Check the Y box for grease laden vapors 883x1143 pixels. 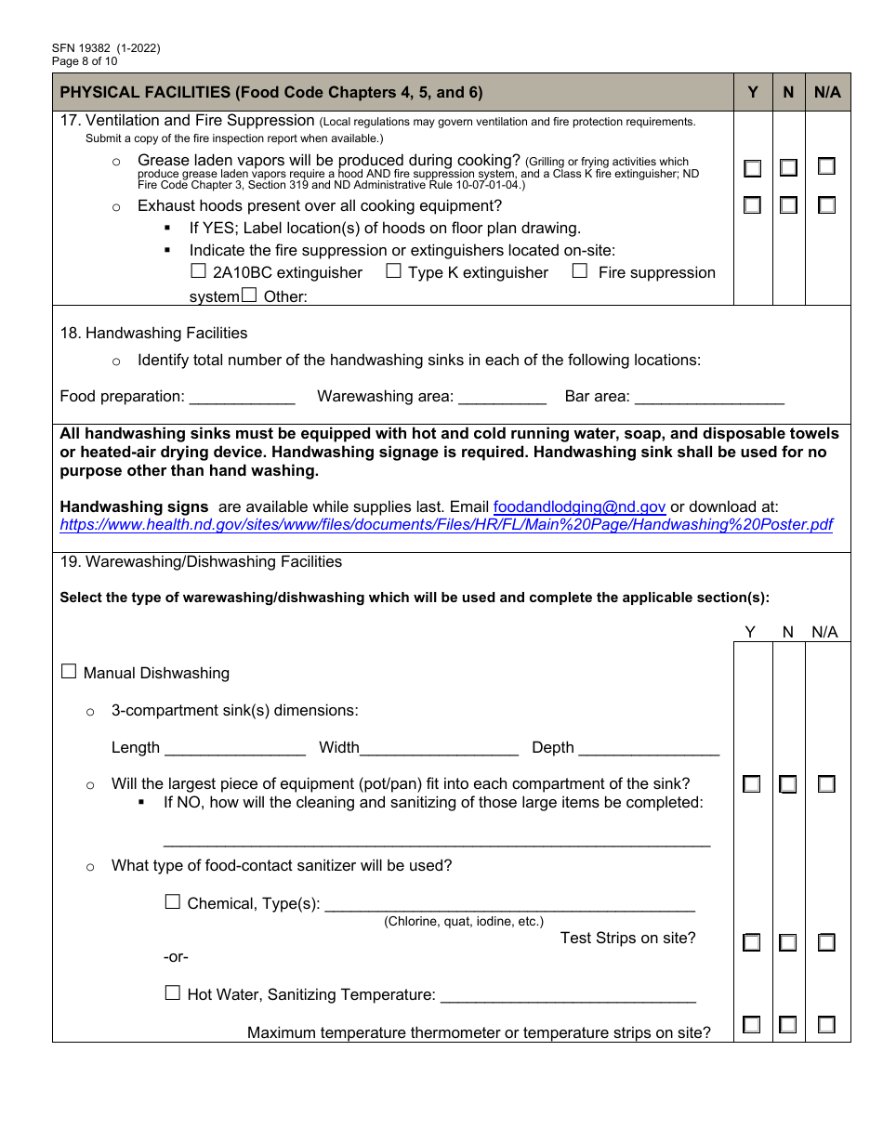752,168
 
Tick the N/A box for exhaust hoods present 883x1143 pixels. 826,205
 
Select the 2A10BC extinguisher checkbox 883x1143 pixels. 198,271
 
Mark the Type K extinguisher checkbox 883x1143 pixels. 393,271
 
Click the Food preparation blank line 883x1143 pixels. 242,398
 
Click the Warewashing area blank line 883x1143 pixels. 502,398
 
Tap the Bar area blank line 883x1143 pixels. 709,398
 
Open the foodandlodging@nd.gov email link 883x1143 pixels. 579,507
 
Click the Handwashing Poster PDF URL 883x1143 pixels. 446,525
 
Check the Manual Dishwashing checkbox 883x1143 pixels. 69,672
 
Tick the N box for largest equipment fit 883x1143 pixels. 788,785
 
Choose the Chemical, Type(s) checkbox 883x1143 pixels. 173,902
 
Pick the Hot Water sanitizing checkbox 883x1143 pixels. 173,993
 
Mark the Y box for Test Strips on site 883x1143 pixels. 752,943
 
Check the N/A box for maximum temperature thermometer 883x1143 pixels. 826,1025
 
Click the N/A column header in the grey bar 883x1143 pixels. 827,92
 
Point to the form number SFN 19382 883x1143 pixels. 85,49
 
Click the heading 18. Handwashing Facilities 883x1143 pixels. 154,333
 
